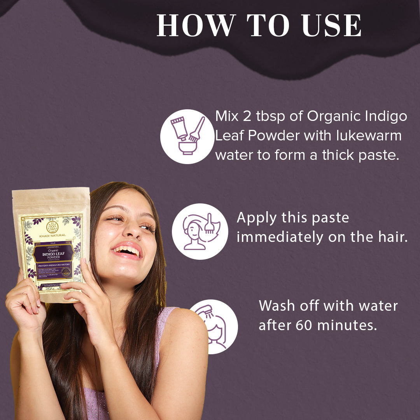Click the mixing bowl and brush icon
coord(188,136)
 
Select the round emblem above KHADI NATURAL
coord(52,227)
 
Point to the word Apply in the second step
coord(256,218)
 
